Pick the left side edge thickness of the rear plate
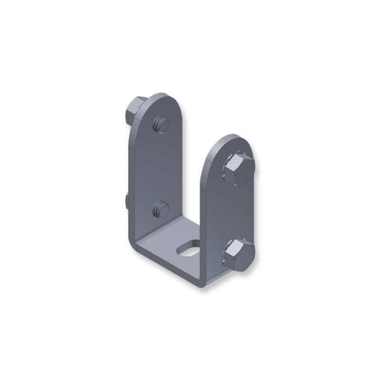[131, 167]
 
